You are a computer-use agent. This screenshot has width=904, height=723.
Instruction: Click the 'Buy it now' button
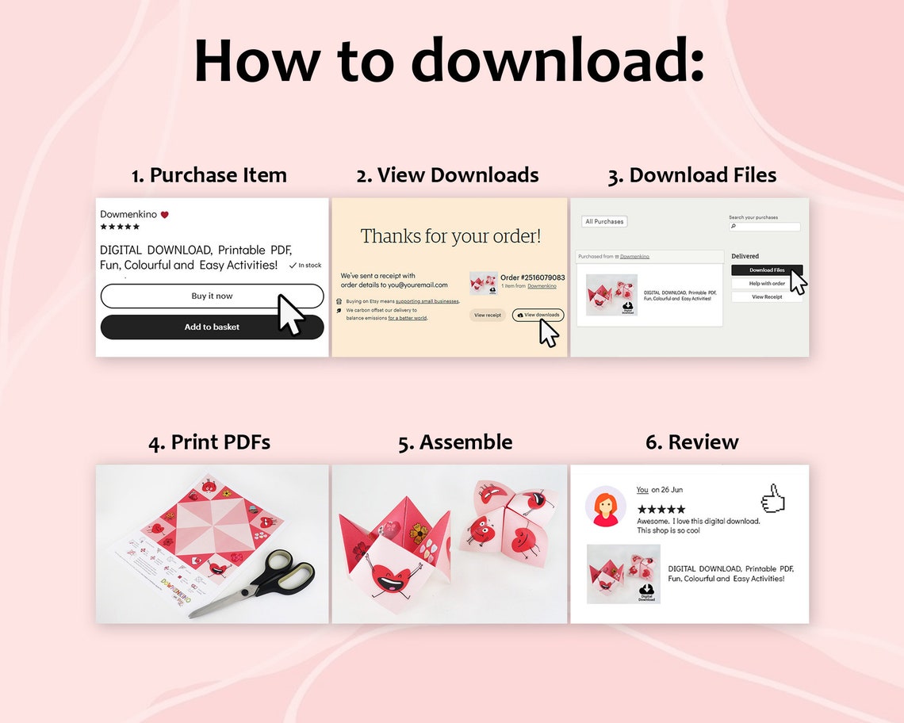click(212, 296)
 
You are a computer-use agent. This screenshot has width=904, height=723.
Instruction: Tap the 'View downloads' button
click(538, 315)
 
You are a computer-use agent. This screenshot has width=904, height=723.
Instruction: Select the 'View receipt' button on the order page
click(487, 315)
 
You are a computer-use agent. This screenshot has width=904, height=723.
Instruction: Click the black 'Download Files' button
click(767, 270)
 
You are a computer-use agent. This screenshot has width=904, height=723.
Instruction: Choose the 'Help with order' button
click(767, 283)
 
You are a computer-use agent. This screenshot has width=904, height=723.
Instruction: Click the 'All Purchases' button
click(604, 221)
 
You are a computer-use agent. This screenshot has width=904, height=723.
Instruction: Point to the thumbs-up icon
click(772, 499)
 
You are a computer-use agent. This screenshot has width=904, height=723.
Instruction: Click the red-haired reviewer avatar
click(605, 506)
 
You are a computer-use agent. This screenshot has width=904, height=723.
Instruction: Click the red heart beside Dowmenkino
click(165, 215)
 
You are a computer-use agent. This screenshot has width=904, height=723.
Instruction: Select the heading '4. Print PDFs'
click(209, 442)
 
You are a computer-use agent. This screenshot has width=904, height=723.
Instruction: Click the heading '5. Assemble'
click(455, 442)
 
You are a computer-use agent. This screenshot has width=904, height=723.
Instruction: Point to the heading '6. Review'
click(691, 442)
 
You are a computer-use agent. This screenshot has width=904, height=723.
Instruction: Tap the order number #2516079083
click(532, 277)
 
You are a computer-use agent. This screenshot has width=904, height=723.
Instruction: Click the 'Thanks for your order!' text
click(450, 235)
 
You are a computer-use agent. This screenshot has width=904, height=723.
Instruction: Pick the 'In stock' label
click(306, 266)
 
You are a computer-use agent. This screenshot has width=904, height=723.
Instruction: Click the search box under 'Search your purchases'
click(764, 227)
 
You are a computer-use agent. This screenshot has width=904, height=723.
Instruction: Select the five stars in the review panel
click(661, 509)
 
